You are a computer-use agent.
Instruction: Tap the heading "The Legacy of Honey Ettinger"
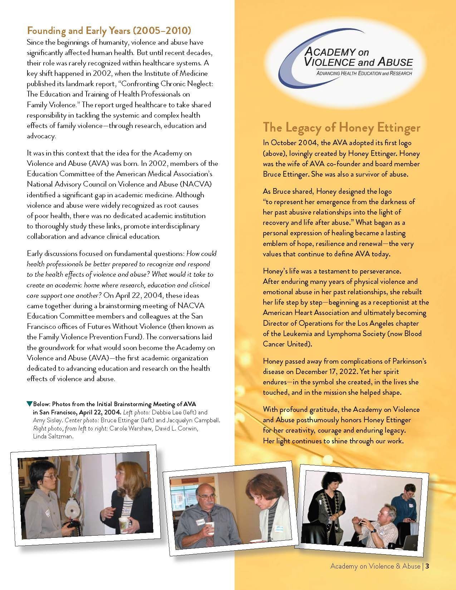coord(342,127)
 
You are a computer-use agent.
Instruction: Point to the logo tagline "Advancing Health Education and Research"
coord(362,73)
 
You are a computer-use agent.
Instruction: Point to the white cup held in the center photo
coord(210,528)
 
